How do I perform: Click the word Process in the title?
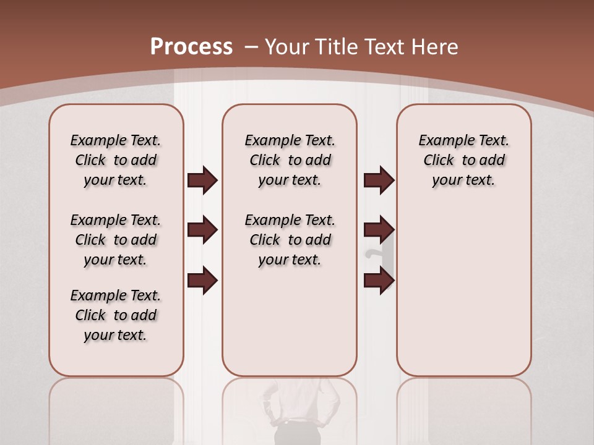(191, 46)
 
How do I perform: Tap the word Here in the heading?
(436, 46)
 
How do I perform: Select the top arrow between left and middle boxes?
(202, 180)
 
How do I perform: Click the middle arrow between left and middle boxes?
(202, 230)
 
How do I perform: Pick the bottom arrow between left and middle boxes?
(202, 281)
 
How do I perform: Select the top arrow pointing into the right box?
(379, 180)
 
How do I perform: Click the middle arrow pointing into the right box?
(379, 230)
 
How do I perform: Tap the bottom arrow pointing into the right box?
(379, 281)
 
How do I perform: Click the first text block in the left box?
(116, 160)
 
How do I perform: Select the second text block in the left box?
(116, 240)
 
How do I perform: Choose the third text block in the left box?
(116, 315)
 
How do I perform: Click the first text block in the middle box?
(290, 160)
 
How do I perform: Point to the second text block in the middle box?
(290, 240)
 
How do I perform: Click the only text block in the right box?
(463, 160)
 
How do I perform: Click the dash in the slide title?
(251, 46)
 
